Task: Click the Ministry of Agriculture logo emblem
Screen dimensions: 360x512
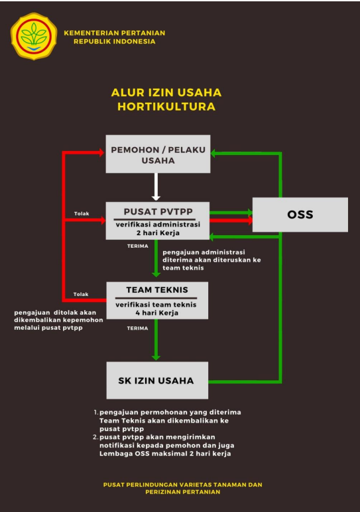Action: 34,36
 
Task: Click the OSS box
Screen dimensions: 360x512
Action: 300,215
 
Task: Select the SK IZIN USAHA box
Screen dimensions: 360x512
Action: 157,380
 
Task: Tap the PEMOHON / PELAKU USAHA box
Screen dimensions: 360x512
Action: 158,154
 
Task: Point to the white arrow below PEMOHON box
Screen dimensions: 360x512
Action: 156,187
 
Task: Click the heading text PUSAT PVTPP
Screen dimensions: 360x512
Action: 158,211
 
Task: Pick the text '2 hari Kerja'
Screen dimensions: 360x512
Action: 158,233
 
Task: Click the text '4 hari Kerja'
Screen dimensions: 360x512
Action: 157,313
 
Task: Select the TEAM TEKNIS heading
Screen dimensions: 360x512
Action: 157,289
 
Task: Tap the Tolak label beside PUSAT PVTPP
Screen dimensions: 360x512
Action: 82,213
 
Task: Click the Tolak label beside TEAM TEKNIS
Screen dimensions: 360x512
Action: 81,294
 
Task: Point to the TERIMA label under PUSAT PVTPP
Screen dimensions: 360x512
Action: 138,246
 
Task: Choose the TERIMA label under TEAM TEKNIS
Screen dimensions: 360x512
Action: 137,328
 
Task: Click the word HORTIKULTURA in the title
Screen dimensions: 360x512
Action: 166,107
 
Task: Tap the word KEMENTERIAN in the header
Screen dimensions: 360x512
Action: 86,33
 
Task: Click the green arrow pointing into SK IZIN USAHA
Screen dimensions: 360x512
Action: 156,340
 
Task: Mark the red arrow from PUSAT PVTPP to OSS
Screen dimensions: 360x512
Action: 231,221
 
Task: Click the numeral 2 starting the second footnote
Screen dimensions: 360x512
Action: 95,437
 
